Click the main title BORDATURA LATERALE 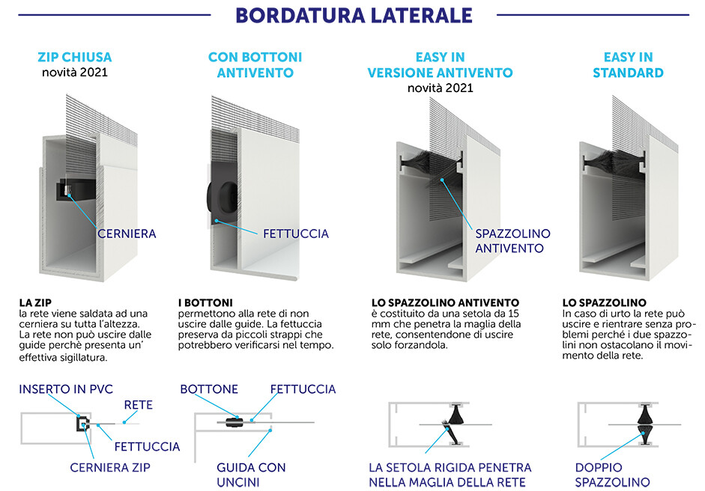[353, 15]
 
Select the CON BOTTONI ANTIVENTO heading [255, 65]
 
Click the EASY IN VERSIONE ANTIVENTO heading [440, 65]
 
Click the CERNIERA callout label [127, 234]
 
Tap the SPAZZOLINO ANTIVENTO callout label [512, 241]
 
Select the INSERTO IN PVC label [67, 389]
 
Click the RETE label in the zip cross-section [139, 405]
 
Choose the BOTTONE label [209, 389]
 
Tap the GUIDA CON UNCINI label [251, 475]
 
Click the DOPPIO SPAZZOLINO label [612, 475]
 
